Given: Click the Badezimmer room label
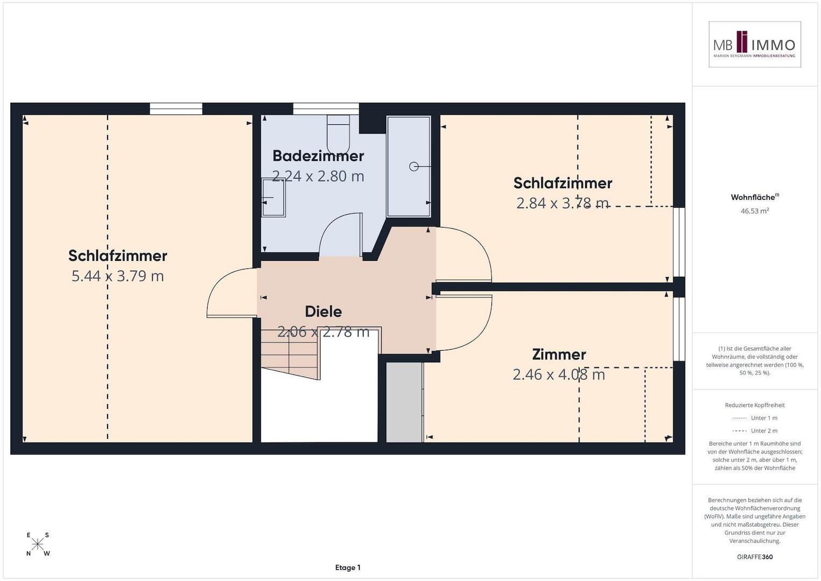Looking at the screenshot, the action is tap(318, 156).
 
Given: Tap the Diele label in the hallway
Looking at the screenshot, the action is tap(323, 311).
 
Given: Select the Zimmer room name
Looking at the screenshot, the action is tap(559, 355).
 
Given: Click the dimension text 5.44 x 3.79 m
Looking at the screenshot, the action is tap(118, 276).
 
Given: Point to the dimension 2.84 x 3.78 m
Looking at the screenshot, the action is tap(562, 203).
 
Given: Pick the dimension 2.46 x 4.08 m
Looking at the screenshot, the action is tap(559, 374).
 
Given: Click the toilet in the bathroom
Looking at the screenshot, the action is tap(338, 134).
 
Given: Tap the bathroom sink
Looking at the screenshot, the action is tap(274, 198).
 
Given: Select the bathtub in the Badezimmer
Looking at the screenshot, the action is tap(409, 167).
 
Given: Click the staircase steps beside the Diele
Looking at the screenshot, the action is tap(290, 355).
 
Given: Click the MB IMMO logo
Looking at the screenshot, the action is tap(755, 44).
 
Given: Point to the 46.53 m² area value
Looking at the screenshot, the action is tap(755, 211).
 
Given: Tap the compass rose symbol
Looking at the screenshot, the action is tap(38, 544).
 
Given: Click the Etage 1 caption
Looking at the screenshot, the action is tap(348, 568).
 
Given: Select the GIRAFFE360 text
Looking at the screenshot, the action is tap(755, 557).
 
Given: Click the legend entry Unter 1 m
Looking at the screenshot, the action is tap(755, 418).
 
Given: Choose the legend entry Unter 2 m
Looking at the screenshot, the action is tap(755, 430).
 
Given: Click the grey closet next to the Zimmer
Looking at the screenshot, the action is tap(405, 402).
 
